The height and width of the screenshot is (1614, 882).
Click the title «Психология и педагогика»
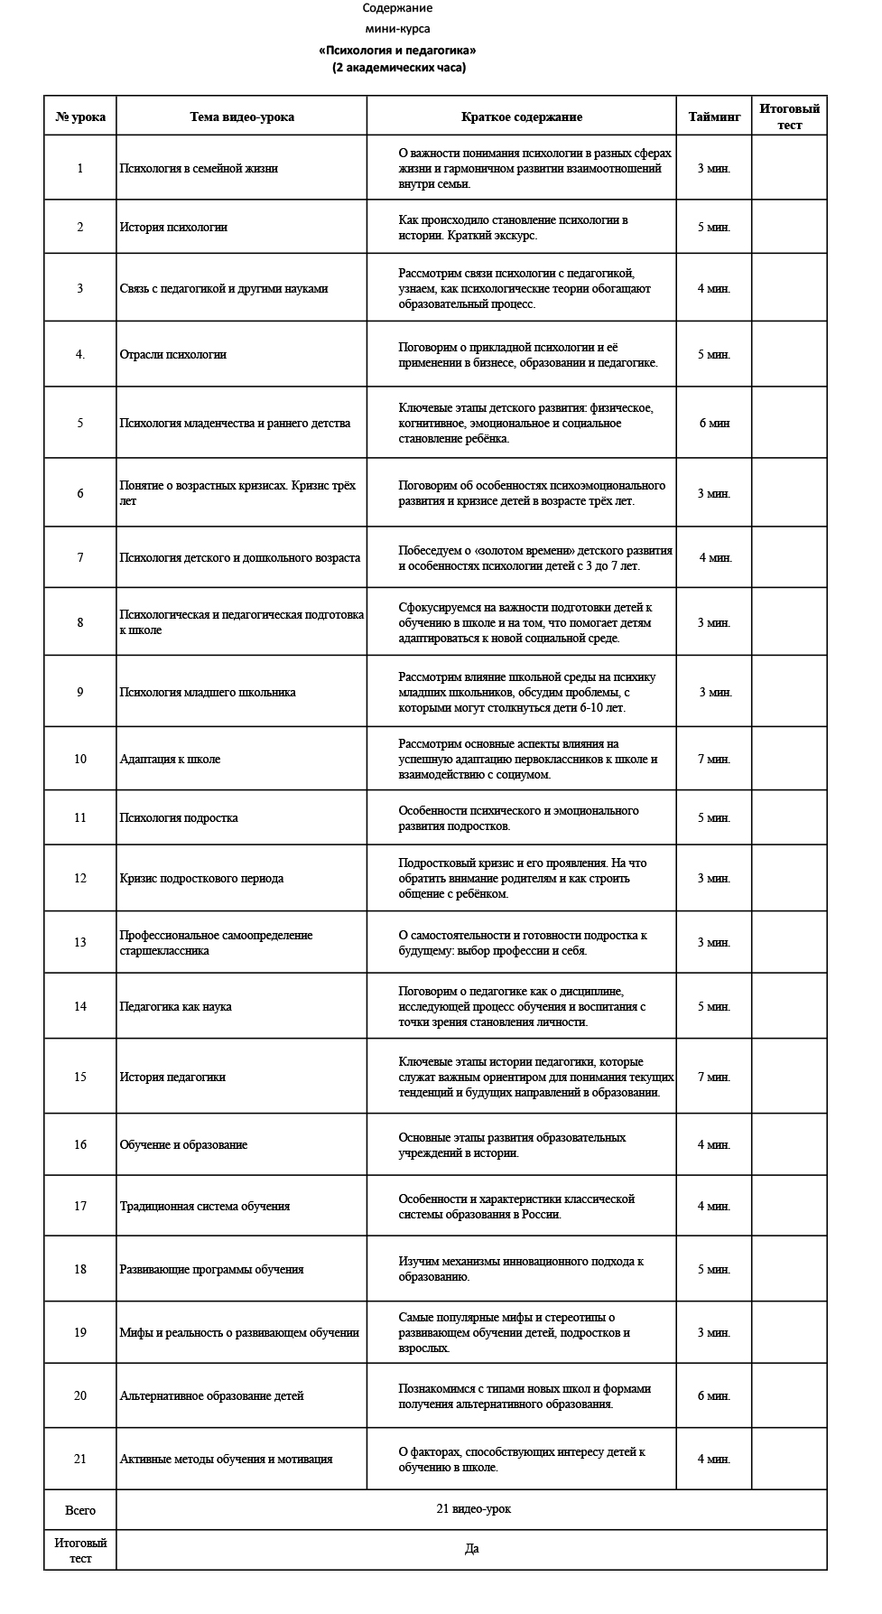coord(397,51)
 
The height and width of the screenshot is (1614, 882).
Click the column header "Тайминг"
coord(714,117)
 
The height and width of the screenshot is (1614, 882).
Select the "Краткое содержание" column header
coord(521,117)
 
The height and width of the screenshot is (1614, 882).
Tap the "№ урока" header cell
coord(80,117)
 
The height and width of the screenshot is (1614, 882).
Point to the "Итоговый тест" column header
coord(789,117)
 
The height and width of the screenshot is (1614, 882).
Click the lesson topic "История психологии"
coord(173,227)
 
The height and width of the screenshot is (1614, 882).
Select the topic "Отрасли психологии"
coord(173,354)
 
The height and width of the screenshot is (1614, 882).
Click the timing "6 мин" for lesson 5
coord(714,423)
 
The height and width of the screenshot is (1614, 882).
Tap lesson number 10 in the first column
coord(80,759)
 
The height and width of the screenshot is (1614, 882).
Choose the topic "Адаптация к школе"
coord(170,759)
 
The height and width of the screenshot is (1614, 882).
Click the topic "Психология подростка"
coord(179,817)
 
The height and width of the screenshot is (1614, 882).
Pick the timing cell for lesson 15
coord(714,1077)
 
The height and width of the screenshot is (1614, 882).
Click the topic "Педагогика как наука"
coord(175,1006)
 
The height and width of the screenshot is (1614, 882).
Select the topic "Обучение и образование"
coord(183,1144)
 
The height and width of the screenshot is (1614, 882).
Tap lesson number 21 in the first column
coord(80,1459)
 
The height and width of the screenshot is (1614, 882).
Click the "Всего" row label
coord(80,1510)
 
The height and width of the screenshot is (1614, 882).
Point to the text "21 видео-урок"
coord(473,1509)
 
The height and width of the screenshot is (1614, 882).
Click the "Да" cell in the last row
coord(471,1549)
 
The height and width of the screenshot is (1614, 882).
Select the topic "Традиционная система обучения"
coord(205,1206)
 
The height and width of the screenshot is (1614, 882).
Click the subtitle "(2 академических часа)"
coord(398,68)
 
